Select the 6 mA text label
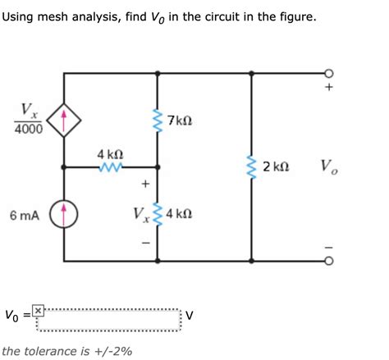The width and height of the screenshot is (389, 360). click(25, 215)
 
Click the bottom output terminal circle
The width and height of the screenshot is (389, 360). click(328, 262)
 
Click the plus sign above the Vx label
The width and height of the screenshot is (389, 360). click(145, 184)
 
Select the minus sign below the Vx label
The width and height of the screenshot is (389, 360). click(145, 243)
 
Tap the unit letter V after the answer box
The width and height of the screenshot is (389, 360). click(189, 314)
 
